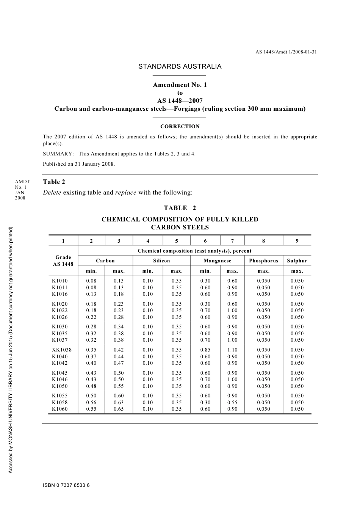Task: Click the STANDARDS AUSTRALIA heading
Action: (x=180, y=66)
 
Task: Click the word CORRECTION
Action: (x=180, y=127)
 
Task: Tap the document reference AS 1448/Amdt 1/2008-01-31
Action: (x=286, y=52)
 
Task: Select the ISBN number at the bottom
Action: (x=66, y=485)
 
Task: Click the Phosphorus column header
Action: (x=263, y=260)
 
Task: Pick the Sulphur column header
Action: (x=297, y=260)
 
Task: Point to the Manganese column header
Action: (x=217, y=260)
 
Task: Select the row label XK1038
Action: (x=62, y=350)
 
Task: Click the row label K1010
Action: (x=60, y=281)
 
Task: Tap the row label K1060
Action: (x=60, y=409)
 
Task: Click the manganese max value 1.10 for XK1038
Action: (x=232, y=350)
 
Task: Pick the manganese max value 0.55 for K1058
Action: (x=232, y=402)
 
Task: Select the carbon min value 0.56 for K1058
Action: (x=91, y=402)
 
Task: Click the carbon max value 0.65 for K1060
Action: (x=119, y=409)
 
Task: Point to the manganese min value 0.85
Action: (x=205, y=350)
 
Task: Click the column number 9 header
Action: (x=297, y=241)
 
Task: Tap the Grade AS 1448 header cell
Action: (x=63, y=260)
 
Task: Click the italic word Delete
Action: (x=52, y=193)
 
